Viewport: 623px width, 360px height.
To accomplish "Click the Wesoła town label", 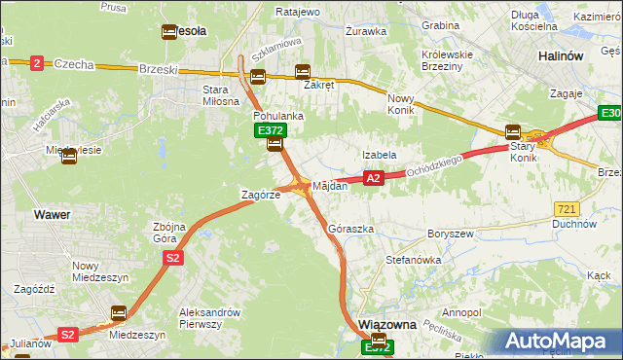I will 190,31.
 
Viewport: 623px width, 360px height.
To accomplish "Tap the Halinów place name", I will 561,56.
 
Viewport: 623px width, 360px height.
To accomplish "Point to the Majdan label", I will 329,185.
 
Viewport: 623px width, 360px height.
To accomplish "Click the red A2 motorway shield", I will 374,178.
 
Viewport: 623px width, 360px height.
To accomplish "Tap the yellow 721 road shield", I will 566,209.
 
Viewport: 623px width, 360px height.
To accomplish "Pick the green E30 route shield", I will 610,116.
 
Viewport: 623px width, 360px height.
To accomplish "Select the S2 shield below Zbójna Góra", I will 172,258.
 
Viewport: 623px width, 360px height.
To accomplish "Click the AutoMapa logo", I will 557,342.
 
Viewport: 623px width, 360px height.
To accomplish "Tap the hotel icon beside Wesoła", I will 167,31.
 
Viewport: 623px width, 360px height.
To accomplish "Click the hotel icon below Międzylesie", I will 69,158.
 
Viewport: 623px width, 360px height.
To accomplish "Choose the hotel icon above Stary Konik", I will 513,132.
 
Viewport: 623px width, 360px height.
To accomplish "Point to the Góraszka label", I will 351,229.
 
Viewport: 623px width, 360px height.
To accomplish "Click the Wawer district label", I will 51,213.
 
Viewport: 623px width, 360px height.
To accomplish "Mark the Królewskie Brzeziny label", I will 451,61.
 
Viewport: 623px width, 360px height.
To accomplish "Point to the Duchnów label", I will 578,223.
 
